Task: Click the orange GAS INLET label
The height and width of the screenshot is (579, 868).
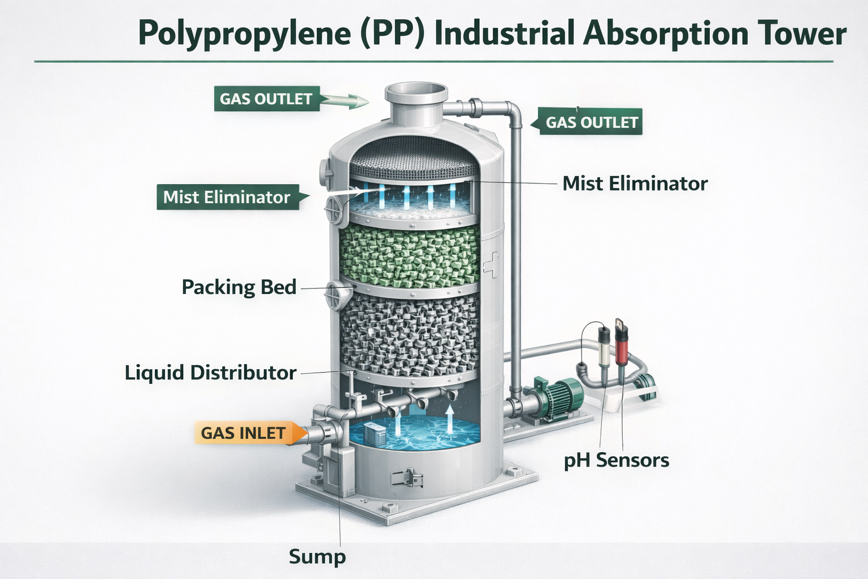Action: point(244,433)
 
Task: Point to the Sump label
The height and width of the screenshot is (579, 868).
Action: point(317,557)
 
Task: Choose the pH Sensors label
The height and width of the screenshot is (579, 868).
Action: point(617,460)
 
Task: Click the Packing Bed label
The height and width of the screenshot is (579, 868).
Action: point(239,287)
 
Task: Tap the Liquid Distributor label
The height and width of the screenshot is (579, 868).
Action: point(210,373)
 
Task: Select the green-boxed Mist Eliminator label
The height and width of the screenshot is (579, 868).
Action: point(227,197)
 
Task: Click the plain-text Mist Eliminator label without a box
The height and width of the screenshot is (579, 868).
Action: point(635,183)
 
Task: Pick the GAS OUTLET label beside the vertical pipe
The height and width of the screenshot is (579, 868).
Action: point(591,122)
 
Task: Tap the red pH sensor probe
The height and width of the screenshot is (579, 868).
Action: point(622,345)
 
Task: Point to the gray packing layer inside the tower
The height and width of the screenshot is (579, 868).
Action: point(410,334)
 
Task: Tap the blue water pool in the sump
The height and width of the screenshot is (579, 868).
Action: point(418,433)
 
